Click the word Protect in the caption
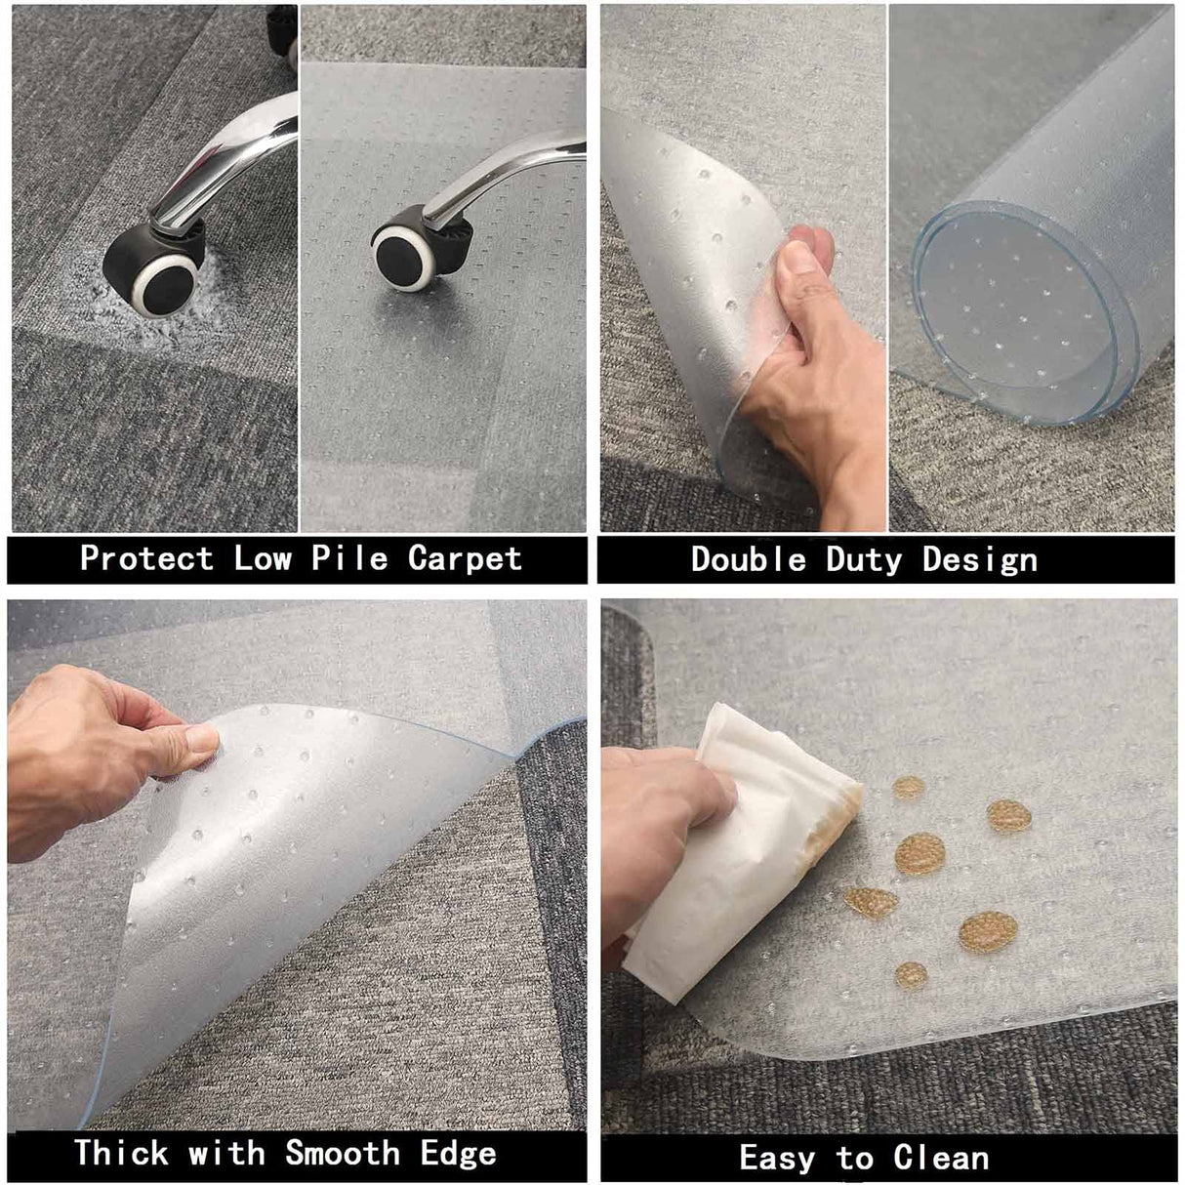point(145,558)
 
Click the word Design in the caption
point(979,559)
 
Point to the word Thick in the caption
point(122,1153)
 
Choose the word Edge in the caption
point(458,1153)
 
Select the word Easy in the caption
point(777,1159)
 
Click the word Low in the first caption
point(261,558)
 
